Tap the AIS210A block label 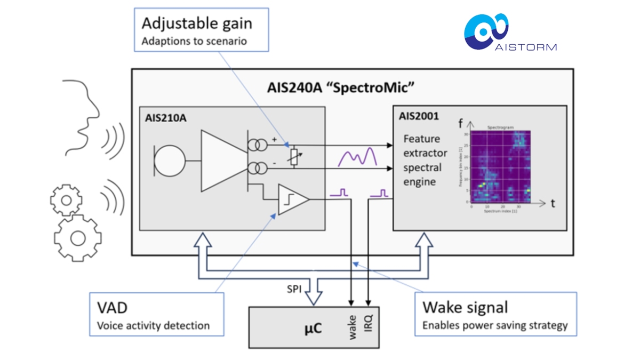click(166, 118)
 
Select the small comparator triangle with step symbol click(292, 199)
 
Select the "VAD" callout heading click(113, 308)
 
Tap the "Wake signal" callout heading click(465, 307)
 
